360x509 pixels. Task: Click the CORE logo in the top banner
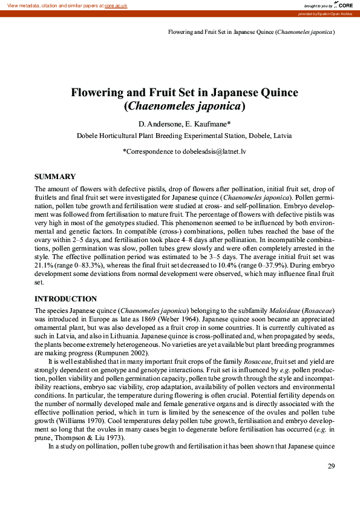point(341,5)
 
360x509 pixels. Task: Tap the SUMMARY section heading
point(55,177)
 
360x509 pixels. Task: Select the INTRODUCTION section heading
point(65,299)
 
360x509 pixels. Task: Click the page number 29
point(331,466)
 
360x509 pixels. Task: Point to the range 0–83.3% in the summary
point(87,265)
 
